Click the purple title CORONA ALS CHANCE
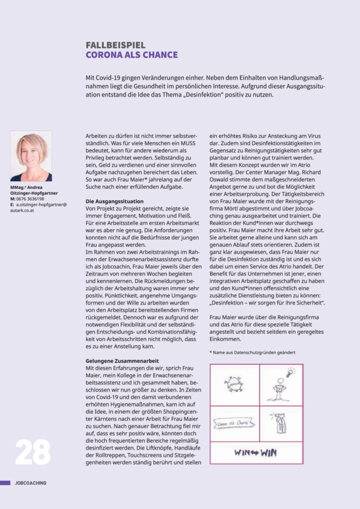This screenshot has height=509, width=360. coord(132,55)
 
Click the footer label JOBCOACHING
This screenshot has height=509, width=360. coord(31,483)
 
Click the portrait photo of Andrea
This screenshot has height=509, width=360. coord(31,156)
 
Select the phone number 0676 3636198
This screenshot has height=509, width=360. coord(31,199)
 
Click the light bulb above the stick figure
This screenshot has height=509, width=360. coord(290,372)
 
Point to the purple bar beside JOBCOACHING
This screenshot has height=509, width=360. coord(5,483)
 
